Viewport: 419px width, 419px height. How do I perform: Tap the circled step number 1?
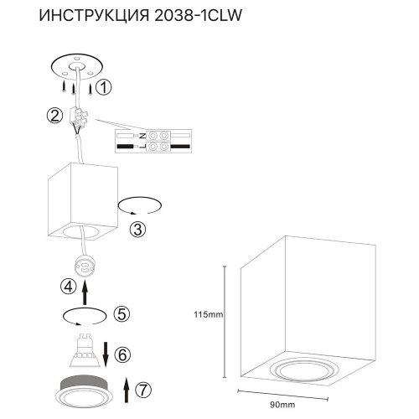point(102,86)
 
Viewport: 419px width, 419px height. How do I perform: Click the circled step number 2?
point(54,116)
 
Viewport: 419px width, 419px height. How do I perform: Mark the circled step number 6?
point(122,355)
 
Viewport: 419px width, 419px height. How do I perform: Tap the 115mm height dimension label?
point(206,315)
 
